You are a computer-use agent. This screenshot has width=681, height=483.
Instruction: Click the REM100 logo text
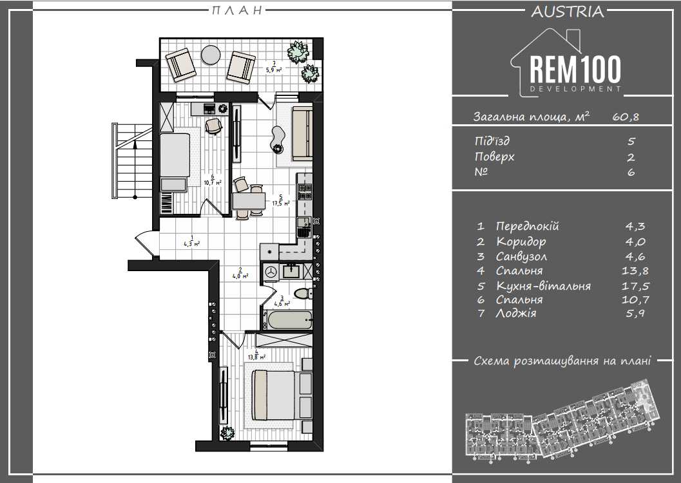(575, 70)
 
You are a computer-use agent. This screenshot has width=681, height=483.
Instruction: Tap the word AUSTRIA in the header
(567, 12)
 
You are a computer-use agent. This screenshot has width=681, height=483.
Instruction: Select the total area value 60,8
(626, 117)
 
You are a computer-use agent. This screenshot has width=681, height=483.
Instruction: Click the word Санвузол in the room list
(521, 256)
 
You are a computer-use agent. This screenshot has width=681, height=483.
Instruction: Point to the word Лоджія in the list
(515, 313)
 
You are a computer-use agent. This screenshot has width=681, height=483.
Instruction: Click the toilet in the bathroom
(303, 294)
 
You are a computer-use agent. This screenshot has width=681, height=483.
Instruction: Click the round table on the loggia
(211, 55)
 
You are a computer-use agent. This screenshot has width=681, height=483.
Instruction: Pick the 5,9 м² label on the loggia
(274, 67)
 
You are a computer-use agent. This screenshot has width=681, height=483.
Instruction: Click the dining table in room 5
(249, 201)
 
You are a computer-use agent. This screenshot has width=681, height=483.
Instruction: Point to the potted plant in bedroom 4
(227, 433)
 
